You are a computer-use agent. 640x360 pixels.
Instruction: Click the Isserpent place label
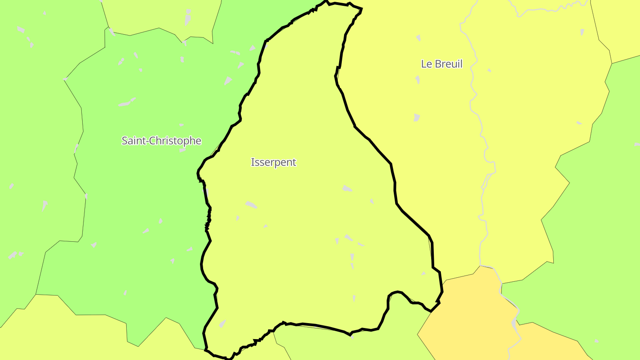pyautogui.click(x=273, y=162)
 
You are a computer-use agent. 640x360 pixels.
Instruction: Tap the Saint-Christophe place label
pyautogui.click(x=161, y=141)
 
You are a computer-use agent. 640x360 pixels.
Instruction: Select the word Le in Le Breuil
pyautogui.click(x=426, y=64)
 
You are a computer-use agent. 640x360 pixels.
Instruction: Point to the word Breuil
pyautogui.click(x=448, y=64)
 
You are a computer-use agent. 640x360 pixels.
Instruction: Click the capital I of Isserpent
pyautogui.click(x=252, y=162)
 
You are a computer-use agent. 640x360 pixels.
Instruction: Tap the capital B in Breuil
pyautogui.click(x=438, y=64)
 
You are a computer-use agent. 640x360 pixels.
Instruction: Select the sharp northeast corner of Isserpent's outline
pyautogui.click(x=361, y=9)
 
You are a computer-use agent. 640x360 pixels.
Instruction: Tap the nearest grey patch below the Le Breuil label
pyautogui.click(x=417, y=80)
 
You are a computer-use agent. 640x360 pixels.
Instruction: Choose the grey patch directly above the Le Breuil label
pyautogui.click(x=418, y=38)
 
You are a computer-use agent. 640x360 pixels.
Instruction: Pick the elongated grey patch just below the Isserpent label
pyautogui.click(x=251, y=204)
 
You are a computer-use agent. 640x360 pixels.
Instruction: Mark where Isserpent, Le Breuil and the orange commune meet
pyautogui.click(x=439, y=302)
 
